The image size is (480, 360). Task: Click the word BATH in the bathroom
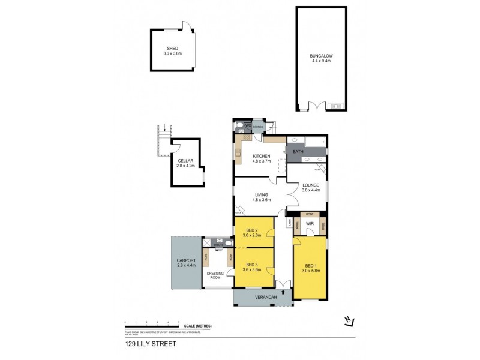point(298,152)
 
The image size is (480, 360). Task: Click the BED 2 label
point(251,233)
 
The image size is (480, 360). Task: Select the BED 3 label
point(251,265)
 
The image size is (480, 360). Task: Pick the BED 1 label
point(310,267)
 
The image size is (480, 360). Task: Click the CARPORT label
point(187,262)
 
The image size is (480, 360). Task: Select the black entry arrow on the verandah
point(283,292)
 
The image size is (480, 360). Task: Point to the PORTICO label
point(258,127)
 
